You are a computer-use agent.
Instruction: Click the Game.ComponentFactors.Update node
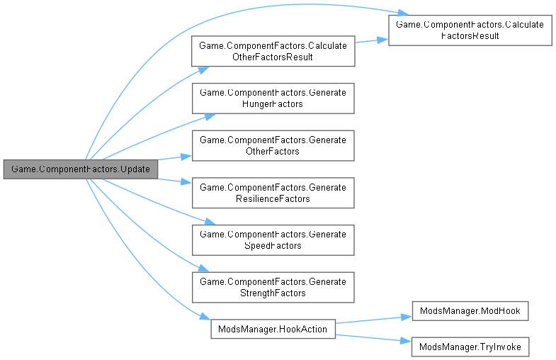click(x=80, y=170)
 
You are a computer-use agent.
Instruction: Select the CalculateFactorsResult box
click(x=469, y=30)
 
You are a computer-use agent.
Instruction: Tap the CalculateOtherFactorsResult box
click(x=273, y=52)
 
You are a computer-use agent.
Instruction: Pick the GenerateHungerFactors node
click(x=273, y=99)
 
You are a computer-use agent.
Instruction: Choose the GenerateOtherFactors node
click(x=273, y=145)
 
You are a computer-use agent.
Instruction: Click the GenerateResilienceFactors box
click(x=273, y=193)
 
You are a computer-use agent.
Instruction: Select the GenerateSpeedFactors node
click(x=273, y=240)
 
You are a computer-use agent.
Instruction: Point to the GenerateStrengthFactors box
click(x=273, y=287)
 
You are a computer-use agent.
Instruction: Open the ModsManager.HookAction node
click(x=273, y=329)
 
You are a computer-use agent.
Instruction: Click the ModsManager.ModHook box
click(x=470, y=311)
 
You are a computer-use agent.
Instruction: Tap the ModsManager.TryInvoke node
click(x=470, y=347)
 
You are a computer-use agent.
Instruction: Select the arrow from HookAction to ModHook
click(x=373, y=319)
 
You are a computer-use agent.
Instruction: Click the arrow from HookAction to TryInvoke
click(x=373, y=337)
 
